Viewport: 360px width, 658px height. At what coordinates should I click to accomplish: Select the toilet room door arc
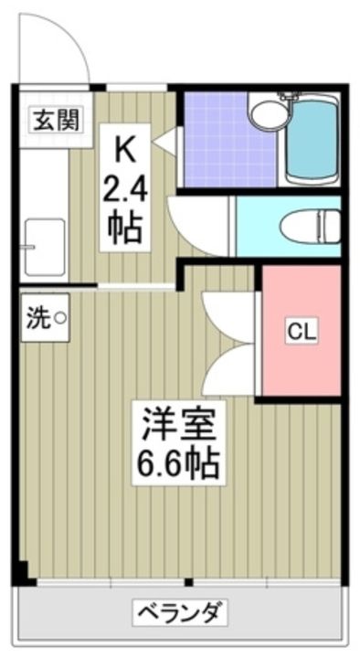196,224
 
